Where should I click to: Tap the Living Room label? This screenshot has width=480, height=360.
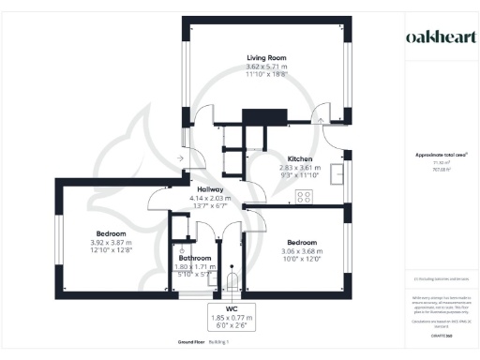(265, 58)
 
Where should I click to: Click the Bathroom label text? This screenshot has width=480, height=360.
(195, 258)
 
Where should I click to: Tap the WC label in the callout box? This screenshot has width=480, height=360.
(231, 307)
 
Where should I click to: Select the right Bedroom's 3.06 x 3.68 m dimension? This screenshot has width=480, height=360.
(302, 251)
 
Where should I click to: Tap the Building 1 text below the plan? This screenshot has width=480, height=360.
(219, 342)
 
